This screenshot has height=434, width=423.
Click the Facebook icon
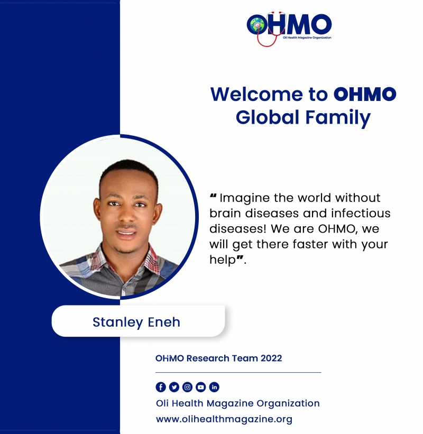point(161,387)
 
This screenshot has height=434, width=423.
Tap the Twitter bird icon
point(174,387)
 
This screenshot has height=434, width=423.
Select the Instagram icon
point(187,387)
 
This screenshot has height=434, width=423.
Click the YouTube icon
point(201,387)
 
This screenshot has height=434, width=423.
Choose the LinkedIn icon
point(214,387)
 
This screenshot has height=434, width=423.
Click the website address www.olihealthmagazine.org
point(224,419)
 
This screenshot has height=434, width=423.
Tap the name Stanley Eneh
point(136,322)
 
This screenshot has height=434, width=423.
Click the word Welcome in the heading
point(256,94)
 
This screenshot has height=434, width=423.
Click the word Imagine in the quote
point(245,198)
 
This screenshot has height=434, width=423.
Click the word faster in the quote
point(310,244)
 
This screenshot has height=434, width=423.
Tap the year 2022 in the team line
point(271,358)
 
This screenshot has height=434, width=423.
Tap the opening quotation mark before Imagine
point(213,196)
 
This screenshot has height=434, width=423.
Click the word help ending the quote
point(223,260)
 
